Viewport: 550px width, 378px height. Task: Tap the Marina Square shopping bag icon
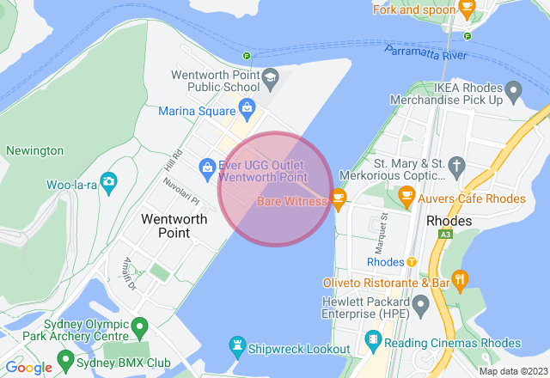247,108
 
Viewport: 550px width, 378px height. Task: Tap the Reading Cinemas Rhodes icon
372,340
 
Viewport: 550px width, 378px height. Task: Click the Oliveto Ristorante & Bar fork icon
461,278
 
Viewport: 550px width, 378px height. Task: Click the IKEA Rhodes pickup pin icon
513,89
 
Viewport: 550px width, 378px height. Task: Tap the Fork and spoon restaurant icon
467,9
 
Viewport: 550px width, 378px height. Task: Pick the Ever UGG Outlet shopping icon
207,167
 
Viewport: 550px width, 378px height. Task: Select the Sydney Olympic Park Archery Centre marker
139,326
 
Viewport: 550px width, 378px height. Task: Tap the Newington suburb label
34,150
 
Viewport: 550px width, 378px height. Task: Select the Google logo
28,368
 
